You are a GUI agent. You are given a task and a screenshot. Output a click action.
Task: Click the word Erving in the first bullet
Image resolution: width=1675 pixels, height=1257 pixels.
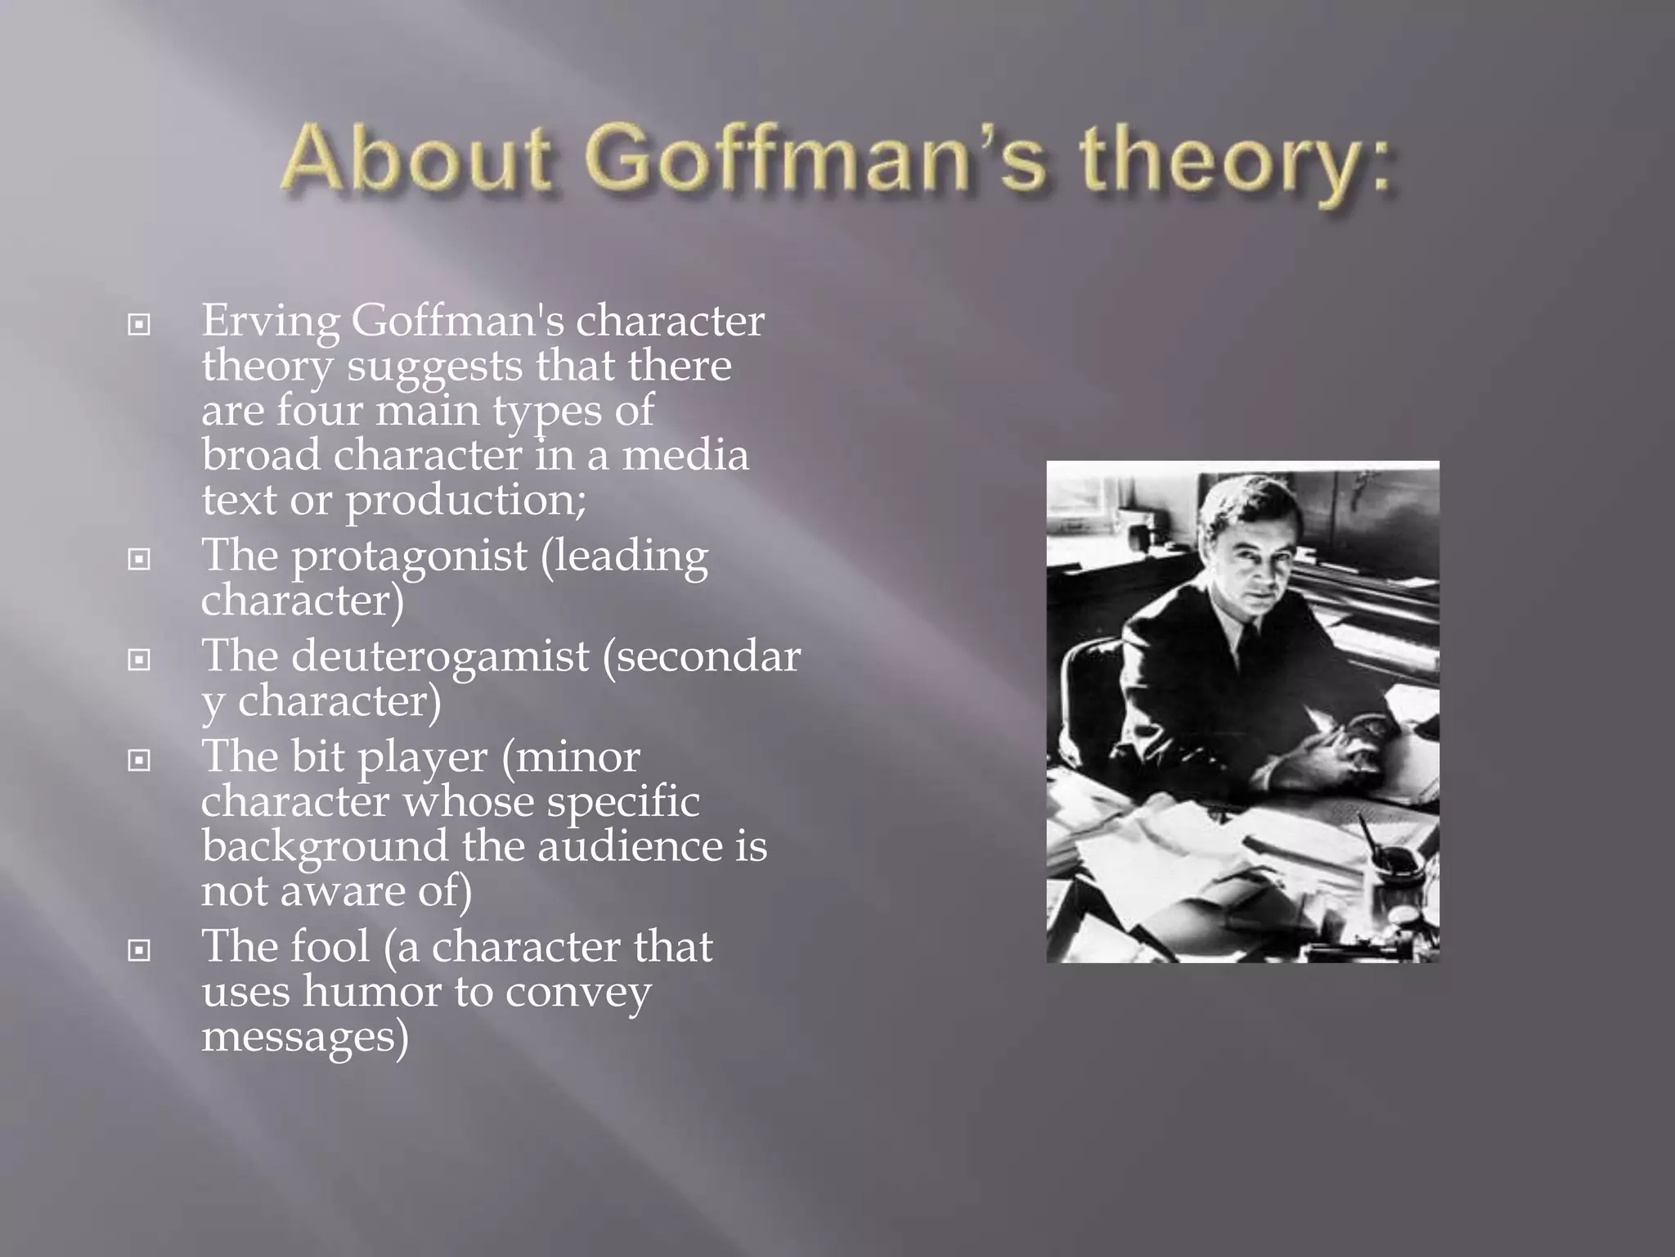click(x=270, y=322)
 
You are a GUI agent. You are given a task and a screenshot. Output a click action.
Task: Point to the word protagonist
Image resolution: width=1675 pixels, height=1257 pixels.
click(x=409, y=557)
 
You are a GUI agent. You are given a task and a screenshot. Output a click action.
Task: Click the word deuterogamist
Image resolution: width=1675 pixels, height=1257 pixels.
click(x=440, y=656)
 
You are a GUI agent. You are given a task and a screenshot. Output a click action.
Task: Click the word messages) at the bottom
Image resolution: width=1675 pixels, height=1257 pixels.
click(x=304, y=1037)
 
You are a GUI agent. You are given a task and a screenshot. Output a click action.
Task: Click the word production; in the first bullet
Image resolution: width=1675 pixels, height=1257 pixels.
click(x=465, y=501)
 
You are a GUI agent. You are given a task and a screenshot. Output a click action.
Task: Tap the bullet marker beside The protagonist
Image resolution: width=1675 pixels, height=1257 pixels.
click(x=140, y=560)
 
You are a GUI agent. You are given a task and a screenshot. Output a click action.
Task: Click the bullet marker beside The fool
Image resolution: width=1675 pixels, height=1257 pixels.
click(x=140, y=950)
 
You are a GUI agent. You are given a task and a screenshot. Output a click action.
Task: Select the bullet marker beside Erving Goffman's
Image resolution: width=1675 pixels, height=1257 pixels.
click(x=140, y=325)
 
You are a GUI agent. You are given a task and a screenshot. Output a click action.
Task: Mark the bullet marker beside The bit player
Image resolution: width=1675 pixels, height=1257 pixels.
click(x=140, y=760)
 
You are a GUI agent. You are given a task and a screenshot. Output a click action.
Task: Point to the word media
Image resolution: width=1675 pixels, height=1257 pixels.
click(x=685, y=456)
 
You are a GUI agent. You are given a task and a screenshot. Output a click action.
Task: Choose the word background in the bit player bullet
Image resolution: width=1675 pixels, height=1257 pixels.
click(x=325, y=847)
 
